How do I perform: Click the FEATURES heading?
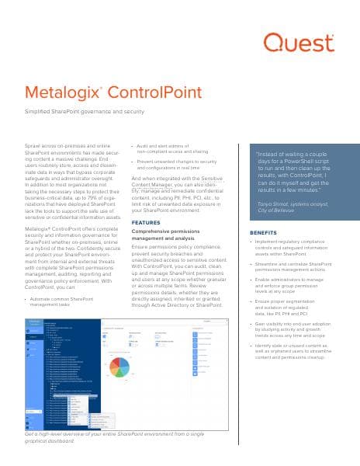point(146,222)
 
